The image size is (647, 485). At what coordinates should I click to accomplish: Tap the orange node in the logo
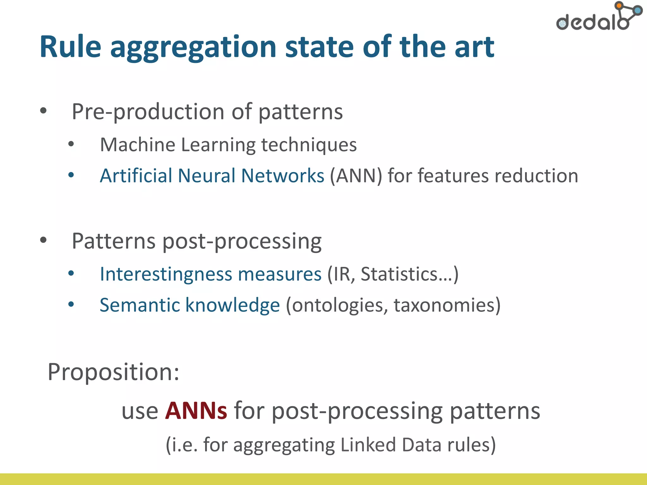tap(619, 5)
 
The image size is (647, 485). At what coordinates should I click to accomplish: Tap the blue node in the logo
tap(638, 11)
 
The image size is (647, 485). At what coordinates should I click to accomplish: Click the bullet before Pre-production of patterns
tap(43, 111)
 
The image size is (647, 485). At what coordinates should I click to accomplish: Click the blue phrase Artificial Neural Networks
tap(212, 176)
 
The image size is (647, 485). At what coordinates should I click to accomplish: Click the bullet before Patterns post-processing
tap(43, 240)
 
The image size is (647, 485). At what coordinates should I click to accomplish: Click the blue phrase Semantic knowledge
tap(190, 305)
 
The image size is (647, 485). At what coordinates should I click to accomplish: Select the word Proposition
tap(113, 372)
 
